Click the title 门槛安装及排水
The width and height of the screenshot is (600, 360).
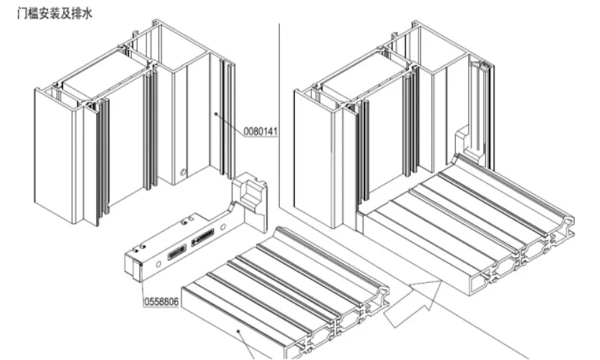(55, 13)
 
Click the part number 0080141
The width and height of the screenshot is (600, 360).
(260, 131)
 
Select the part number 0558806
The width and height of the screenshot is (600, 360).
(161, 301)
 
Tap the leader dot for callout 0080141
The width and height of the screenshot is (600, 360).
(216, 113)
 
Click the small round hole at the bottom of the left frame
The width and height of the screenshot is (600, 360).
(183, 172)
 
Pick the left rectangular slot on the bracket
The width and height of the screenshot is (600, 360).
(177, 252)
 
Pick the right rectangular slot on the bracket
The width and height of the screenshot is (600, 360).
(202, 237)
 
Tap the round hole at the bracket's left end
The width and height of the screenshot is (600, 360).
(158, 264)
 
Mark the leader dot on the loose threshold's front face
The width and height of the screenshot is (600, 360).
(238, 331)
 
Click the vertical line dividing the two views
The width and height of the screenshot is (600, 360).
(279, 115)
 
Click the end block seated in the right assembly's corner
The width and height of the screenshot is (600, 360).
(465, 142)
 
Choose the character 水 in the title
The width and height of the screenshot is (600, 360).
(87, 13)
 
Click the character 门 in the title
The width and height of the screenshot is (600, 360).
(22, 13)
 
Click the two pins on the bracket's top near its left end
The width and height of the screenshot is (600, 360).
(140, 248)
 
